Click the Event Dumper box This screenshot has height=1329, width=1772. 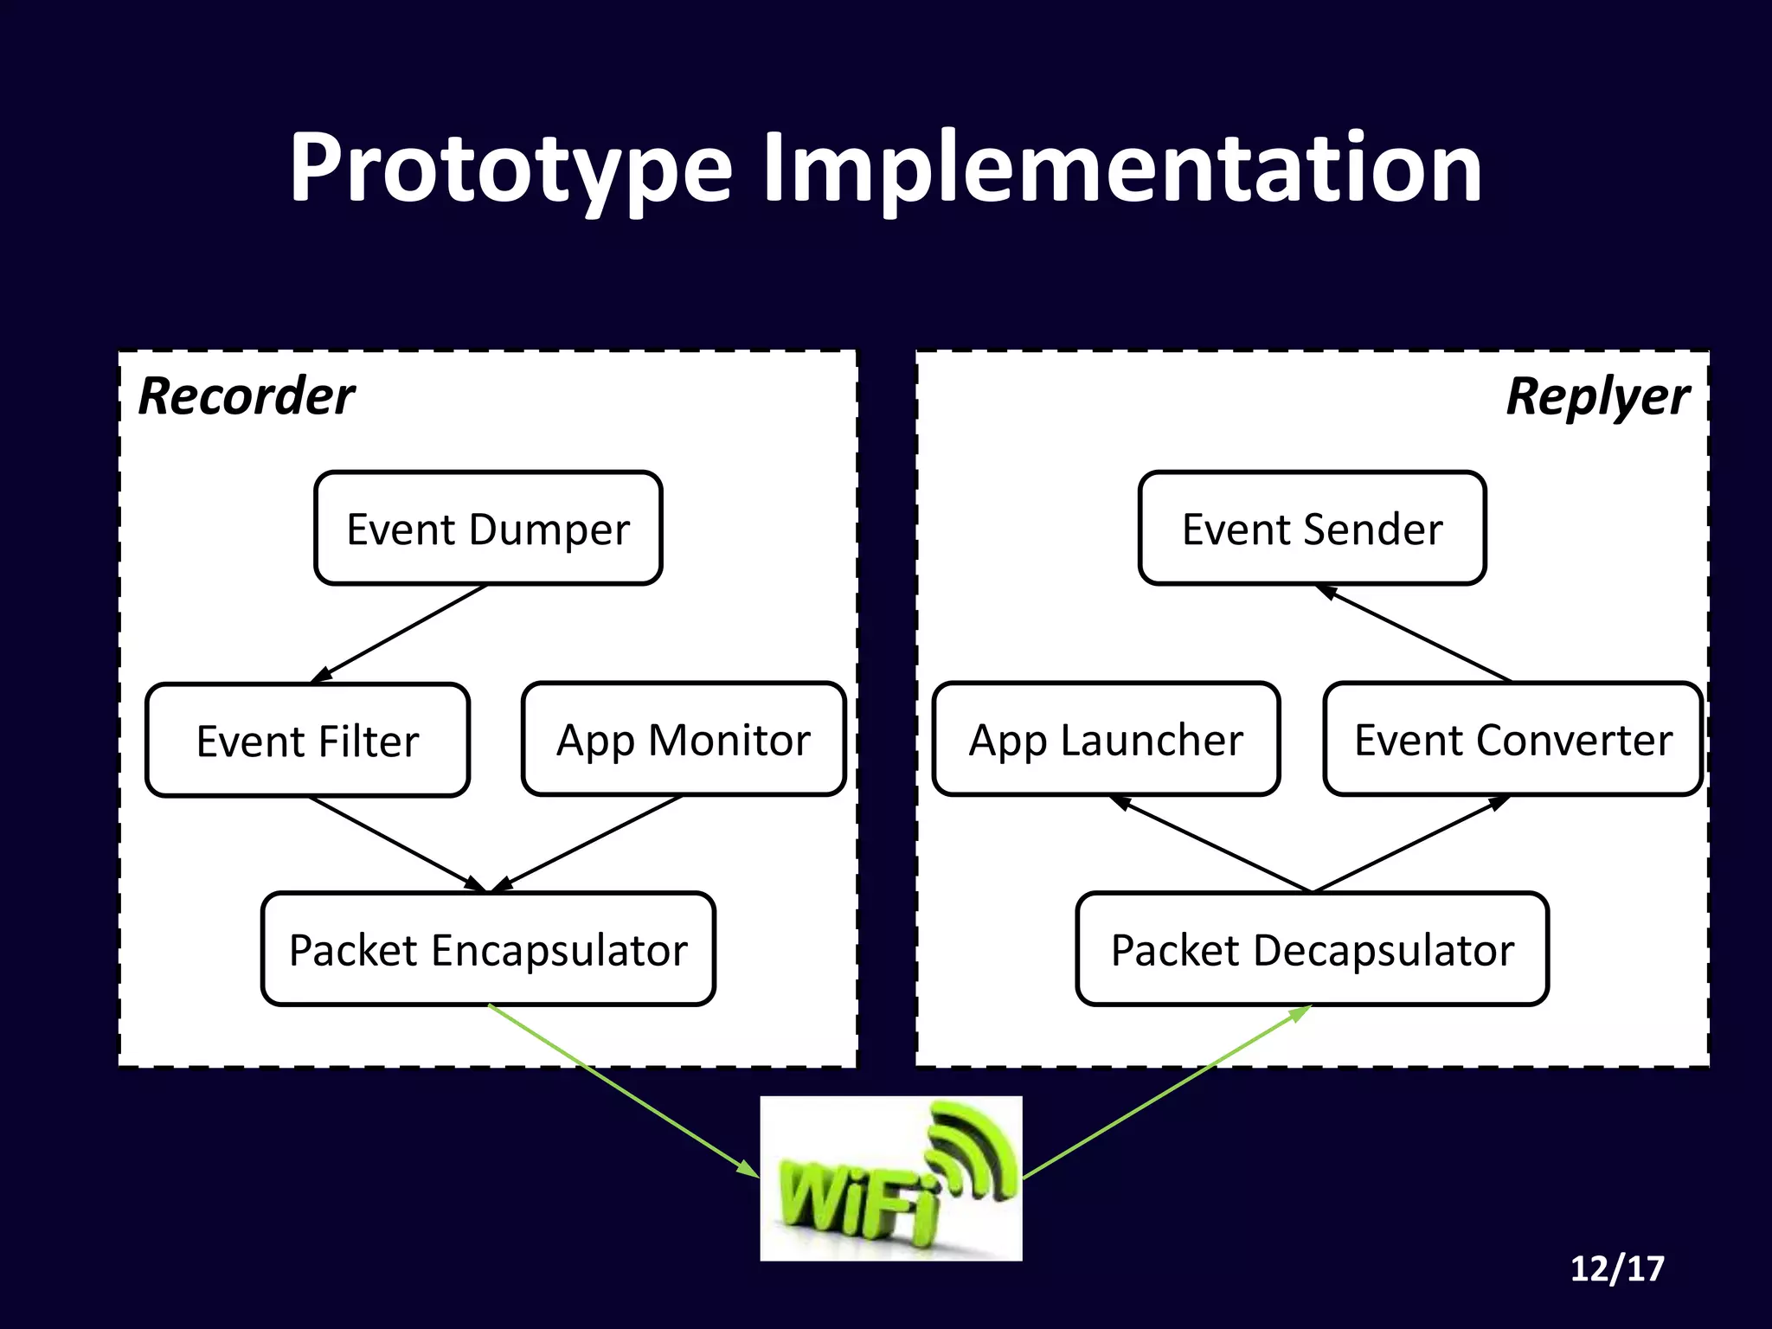click(x=488, y=529)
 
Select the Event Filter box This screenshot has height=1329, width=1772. click(x=307, y=741)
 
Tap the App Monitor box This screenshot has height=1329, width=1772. click(x=683, y=740)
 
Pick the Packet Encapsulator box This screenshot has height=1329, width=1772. click(x=488, y=949)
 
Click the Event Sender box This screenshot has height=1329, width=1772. click(x=1312, y=529)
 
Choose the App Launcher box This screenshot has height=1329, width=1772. click(x=1106, y=740)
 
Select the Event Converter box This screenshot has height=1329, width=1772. click(x=1512, y=740)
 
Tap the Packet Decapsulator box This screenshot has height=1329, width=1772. click(x=1312, y=949)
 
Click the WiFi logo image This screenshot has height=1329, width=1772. click(x=890, y=1178)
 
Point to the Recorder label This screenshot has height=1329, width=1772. click(x=247, y=397)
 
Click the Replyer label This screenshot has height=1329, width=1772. click(x=1597, y=397)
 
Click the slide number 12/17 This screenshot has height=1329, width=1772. click(x=1616, y=1268)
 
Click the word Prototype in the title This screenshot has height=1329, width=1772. click(x=510, y=169)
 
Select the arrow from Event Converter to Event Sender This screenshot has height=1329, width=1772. click(x=1414, y=634)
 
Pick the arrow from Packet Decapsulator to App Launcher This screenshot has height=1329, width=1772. click(x=1211, y=844)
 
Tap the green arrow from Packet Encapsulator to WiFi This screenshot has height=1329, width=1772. click(x=623, y=1091)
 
